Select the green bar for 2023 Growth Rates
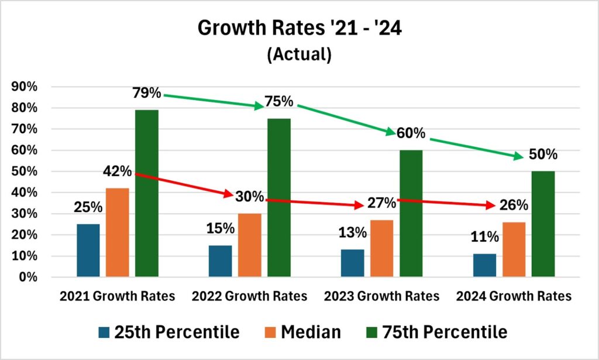(411, 213)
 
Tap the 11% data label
(485, 237)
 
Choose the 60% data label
(411, 133)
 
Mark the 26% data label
(514, 205)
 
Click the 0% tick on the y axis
(27, 277)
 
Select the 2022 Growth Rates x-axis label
(249, 296)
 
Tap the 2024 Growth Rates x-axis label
(514, 296)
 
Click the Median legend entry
(311, 332)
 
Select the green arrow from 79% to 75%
(214, 101)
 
